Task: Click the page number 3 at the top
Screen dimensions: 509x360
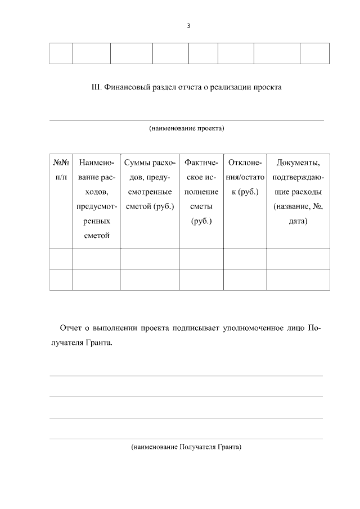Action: pos(188,26)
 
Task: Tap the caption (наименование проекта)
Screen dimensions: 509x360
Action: pos(187,128)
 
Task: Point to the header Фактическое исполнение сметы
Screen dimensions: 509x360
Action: pos(201,192)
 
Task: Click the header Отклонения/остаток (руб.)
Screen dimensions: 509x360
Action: pos(245,177)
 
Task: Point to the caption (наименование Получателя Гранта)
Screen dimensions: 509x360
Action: pos(186,448)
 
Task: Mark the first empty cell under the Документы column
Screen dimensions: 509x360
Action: pos(298,259)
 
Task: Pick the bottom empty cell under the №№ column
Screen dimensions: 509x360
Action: pos(61,280)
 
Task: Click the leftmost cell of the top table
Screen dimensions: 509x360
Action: pos(61,53)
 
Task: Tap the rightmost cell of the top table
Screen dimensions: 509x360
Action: pos(314,53)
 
